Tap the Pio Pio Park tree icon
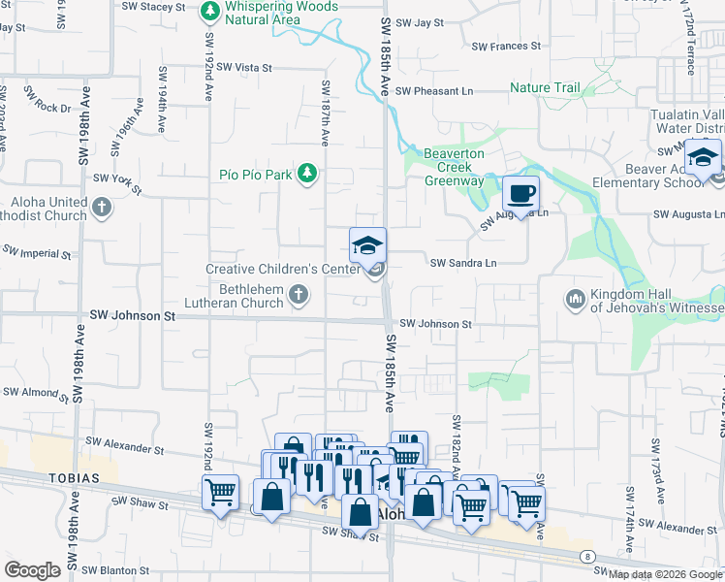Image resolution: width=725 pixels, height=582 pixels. coord(307,175)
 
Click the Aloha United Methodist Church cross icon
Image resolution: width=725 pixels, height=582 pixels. coord(102,208)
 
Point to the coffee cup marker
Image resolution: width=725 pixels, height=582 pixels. coord(521,192)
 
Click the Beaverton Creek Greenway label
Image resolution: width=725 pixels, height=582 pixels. coord(454,167)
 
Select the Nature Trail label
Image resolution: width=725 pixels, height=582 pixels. coord(545,88)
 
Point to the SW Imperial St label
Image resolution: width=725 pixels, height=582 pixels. coord(36,252)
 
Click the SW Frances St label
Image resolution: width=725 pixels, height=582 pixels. coord(506,46)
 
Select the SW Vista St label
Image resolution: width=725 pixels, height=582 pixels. coord(244,67)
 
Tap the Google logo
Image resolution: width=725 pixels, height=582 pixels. coord(32,570)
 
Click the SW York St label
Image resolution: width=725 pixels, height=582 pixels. coord(117,179)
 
